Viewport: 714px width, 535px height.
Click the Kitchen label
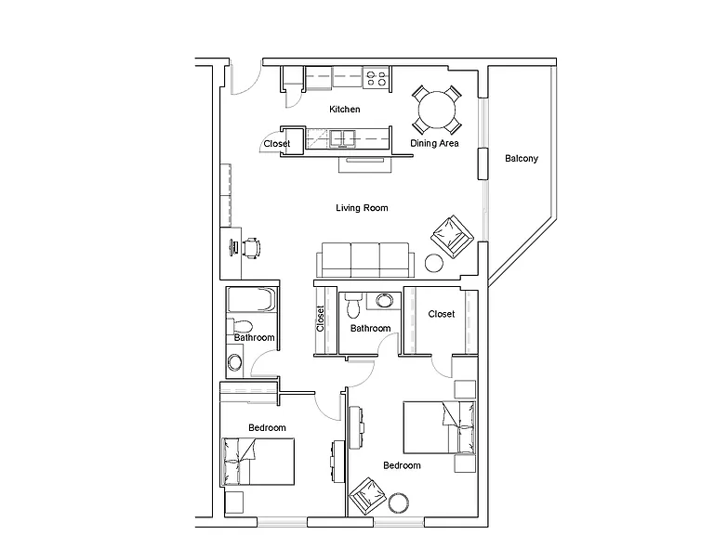[x=344, y=110]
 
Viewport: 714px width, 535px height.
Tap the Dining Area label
[x=434, y=143]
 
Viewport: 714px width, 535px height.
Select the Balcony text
[x=522, y=158]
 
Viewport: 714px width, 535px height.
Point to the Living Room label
[x=362, y=208]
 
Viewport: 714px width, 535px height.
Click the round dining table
[x=437, y=111]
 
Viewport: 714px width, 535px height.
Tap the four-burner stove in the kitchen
[x=377, y=77]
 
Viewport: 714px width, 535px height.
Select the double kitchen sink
[x=342, y=138]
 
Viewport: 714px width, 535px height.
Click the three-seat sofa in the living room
[x=365, y=260]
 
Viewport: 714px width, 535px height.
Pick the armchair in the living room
[x=452, y=237]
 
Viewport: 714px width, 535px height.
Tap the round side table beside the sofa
[x=434, y=263]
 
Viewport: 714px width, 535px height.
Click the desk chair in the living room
[x=251, y=248]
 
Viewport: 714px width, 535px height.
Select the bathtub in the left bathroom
[x=251, y=299]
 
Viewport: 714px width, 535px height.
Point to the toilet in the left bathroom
[x=240, y=326]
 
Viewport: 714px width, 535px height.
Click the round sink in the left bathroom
[x=235, y=362]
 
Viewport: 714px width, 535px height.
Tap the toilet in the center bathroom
[x=353, y=306]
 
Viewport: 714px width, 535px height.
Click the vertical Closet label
[x=320, y=319]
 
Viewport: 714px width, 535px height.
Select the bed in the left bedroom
[x=258, y=462]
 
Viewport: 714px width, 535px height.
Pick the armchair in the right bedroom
[x=367, y=496]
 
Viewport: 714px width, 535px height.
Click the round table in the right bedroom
[x=399, y=503]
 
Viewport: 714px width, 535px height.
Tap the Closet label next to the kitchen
[x=277, y=143]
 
